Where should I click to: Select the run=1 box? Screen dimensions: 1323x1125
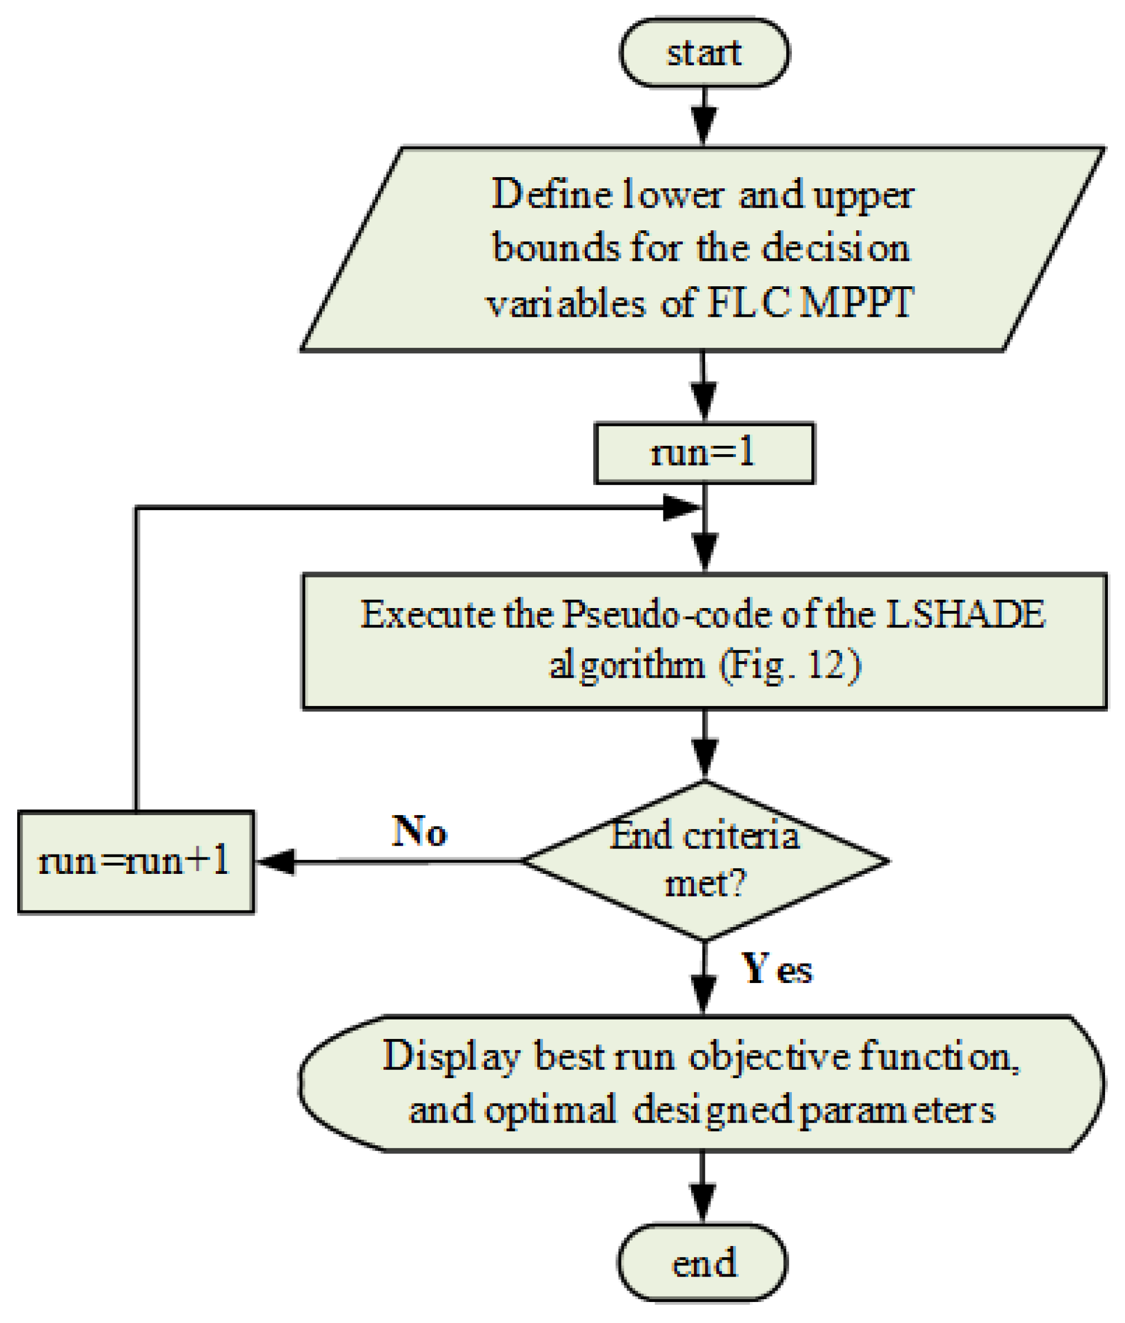704,453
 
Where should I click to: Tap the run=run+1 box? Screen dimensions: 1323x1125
135,862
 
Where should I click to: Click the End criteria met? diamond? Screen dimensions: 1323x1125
704,861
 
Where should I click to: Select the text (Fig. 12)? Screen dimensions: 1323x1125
790,666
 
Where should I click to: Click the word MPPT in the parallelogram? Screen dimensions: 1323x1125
857,302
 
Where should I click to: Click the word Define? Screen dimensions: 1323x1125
552,194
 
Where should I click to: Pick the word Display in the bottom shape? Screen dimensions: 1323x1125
451,1056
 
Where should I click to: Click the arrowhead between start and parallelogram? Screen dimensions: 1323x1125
704,126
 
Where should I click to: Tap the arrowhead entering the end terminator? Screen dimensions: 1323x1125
703,1203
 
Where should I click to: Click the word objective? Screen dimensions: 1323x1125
769,1056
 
